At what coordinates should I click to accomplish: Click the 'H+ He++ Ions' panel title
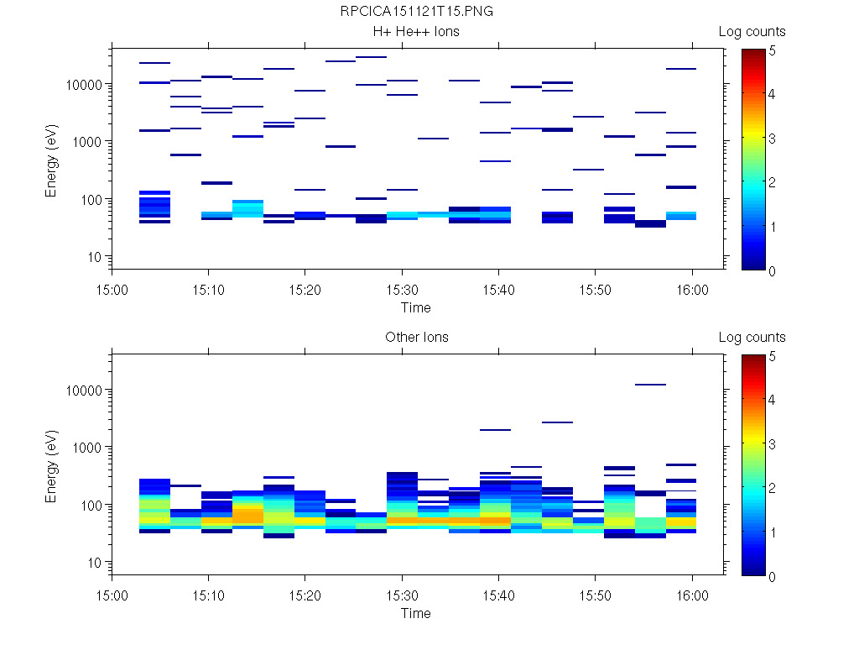point(416,32)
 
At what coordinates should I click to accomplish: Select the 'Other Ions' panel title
point(416,338)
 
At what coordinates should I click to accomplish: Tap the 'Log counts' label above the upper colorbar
point(752,32)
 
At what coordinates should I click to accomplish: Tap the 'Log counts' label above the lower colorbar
point(752,338)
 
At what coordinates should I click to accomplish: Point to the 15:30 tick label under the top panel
point(402,289)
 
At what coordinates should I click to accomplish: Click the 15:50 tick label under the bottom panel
point(595,595)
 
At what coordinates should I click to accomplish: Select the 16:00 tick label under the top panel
point(691,289)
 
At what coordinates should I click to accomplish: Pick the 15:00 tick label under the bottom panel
point(112,595)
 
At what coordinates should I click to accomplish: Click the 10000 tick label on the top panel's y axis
point(84,85)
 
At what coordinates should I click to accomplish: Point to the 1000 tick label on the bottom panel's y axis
point(87,448)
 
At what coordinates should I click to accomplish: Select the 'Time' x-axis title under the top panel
point(416,307)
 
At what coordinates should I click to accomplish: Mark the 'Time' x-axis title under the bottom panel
point(416,613)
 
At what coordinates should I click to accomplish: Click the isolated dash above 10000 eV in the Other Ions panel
point(650,385)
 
